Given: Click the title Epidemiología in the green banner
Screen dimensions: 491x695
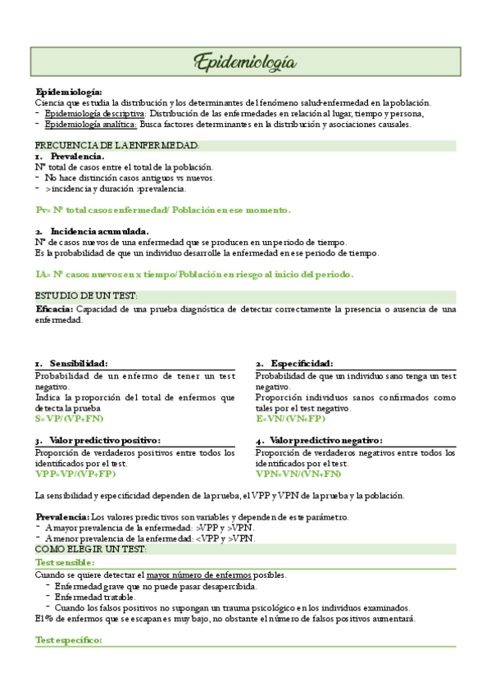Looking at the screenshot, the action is (245, 61).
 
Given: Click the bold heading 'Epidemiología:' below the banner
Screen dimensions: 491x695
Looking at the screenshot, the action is (69, 92).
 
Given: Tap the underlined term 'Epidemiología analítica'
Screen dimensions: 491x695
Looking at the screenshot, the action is (91, 125).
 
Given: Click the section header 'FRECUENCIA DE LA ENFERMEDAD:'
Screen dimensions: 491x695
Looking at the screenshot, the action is (117, 146).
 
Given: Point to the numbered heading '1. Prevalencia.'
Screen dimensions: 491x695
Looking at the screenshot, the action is (70, 156).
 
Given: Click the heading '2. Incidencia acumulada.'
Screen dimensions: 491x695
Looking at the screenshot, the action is (92, 231).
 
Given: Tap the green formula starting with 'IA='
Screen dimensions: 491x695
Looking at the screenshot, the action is (194, 274).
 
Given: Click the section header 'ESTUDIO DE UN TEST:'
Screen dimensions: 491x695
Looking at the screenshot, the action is (86, 295).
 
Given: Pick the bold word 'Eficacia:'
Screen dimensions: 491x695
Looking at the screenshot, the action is (55, 309).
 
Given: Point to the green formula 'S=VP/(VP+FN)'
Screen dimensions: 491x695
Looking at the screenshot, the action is (69, 418).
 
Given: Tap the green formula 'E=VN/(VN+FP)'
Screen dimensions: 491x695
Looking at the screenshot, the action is (290, 418).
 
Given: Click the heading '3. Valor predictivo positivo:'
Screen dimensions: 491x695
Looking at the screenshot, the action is (98, 440).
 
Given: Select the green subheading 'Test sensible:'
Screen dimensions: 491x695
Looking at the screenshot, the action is (65, 563).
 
